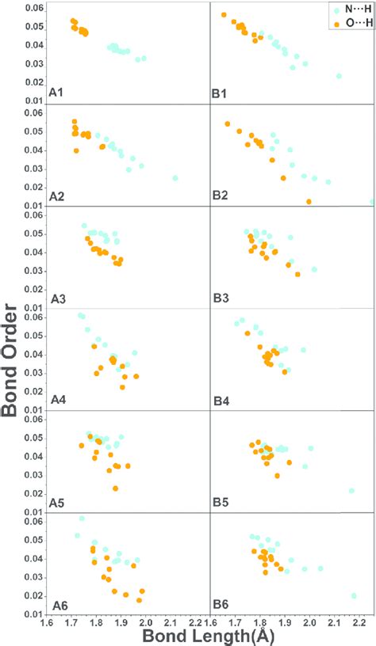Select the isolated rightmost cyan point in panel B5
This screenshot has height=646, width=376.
pos(351,491)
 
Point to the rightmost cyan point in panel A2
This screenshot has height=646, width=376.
pos(175,178)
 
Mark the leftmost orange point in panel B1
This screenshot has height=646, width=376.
pos(224,15)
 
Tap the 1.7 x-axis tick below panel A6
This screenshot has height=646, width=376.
pos(71,622)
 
